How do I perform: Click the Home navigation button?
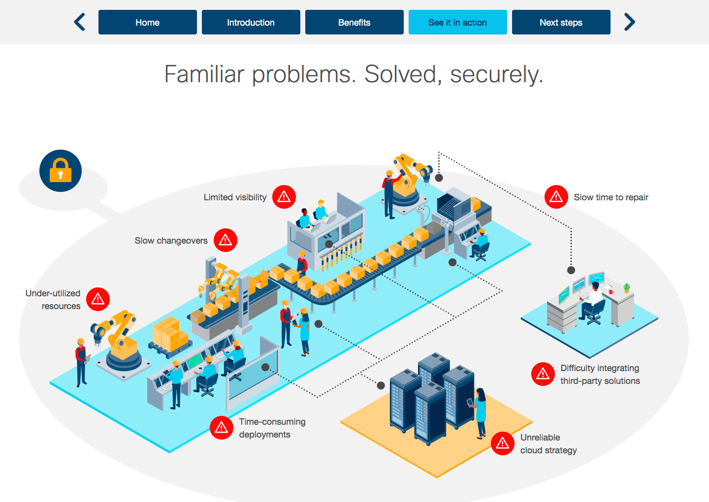tap(147, 22)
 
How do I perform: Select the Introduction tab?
tap(251, 22)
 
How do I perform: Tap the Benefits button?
tap(354, 22)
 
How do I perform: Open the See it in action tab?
tap(457, 22)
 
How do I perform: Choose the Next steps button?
tap(561, 22)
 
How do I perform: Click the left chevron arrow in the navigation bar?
tap(80, 22)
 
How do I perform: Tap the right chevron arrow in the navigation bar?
tap(629, 22)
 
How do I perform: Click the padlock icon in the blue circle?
tap(61, 171)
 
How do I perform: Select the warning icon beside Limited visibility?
tap(284, 197)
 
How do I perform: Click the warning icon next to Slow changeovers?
tap(226, 240)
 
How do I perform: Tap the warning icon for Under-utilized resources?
tap(98, 299)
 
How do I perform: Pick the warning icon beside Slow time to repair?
tap(556, 197)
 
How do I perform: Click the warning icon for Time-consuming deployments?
tap(222, 428)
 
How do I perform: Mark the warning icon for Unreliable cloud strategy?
tap(503, 443)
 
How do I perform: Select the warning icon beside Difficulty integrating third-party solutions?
tap(543, 374)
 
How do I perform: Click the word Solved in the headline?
tap(400, 74)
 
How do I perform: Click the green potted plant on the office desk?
tap(626, 287)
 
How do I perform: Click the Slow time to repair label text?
tap(611, 197)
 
